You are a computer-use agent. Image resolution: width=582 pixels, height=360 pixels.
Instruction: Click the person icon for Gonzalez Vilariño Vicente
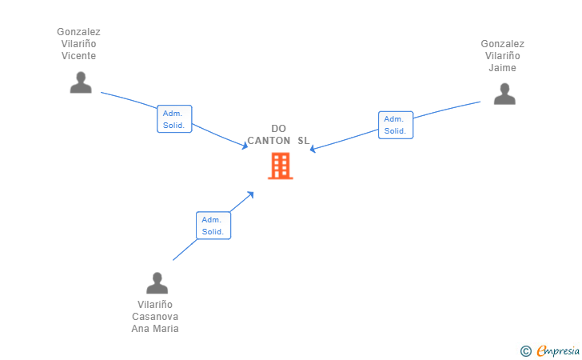click(81, 82)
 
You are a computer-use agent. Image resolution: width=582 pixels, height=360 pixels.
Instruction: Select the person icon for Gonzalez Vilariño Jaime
click(504, 94)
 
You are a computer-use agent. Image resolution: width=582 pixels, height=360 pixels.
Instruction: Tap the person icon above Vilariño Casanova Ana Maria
click(157, 283)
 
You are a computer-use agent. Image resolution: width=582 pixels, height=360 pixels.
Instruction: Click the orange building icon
click(281, 166)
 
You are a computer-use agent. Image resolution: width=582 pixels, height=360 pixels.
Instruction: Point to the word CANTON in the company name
click(269, 141)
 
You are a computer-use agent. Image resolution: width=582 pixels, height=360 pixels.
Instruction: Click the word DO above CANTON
click(278, 129)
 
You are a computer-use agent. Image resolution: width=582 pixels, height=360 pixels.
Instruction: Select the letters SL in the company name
click(303, 141)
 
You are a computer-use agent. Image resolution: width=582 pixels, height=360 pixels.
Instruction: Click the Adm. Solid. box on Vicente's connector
click(174, 119)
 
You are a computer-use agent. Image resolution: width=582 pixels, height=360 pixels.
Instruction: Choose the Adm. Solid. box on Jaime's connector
click(396, 126)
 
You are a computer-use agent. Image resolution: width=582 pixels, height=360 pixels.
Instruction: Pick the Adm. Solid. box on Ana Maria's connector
click(213, 226)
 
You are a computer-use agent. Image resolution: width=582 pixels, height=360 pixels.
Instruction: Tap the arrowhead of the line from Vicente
click(245, 146)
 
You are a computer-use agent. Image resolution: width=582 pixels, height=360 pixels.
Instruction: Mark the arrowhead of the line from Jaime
click(312, 150)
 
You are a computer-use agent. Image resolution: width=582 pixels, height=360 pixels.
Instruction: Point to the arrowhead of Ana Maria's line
click(251, 194)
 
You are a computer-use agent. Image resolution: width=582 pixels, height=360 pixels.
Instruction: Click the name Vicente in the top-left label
click(78, 56)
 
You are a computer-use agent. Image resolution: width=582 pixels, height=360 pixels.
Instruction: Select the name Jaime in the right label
click(502, 68)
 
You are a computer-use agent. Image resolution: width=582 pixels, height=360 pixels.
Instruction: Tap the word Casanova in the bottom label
click(155, 317)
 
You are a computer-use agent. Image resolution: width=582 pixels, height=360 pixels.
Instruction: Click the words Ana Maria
click(155, 329)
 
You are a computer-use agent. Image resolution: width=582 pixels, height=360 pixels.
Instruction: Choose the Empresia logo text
click(558, 351)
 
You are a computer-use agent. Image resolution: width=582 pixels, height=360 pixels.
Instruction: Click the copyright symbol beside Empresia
click(525, 351)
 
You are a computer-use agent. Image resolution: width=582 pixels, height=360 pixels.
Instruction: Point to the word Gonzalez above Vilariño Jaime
click(503, 44)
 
